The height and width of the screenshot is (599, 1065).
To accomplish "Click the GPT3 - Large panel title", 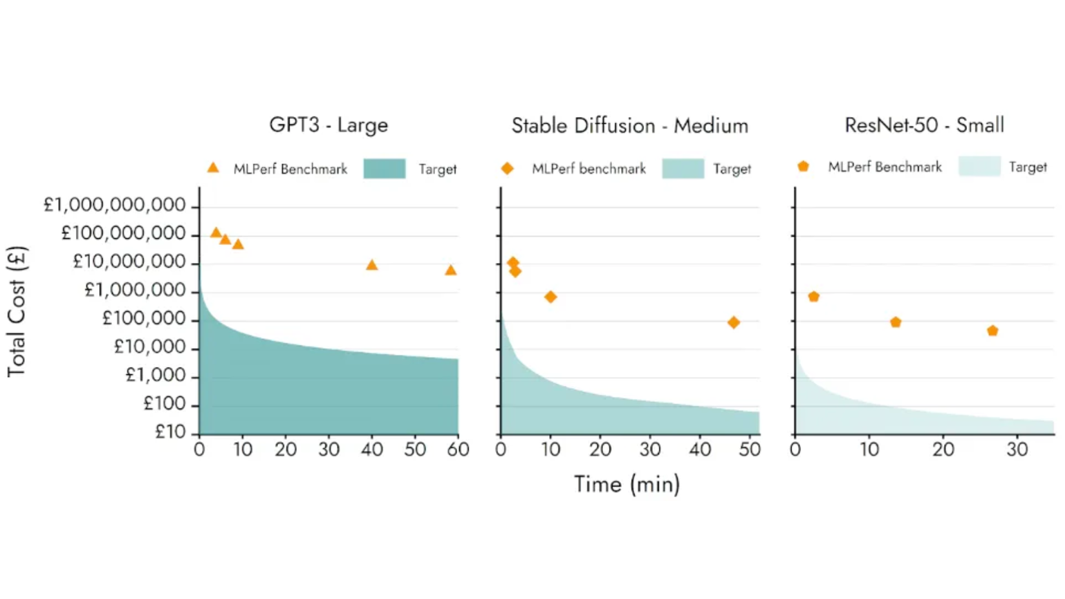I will click(328, 125).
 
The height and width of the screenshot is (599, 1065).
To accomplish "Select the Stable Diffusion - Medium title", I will click(629, 126).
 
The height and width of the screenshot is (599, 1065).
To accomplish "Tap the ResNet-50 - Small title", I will click(924, 125).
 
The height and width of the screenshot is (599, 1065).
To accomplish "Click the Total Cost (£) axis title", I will click(17, 312).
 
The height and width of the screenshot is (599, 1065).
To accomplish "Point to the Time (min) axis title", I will click(627, 484).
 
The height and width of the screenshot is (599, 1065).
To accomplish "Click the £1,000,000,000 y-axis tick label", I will click(115, 205).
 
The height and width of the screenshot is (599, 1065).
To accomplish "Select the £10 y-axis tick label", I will click(170, 432).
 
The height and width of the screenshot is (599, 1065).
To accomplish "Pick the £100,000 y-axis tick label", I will click(144, 318).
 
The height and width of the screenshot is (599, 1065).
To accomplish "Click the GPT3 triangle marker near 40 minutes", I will click(372, 265).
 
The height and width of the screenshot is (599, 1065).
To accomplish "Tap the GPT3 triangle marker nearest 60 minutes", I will click(451, 270).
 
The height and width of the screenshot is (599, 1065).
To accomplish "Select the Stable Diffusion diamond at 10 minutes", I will click(550, 297).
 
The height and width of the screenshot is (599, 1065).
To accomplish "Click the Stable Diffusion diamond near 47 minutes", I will click(734, 322).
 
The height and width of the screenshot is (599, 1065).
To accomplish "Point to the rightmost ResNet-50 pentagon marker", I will click(992, 331).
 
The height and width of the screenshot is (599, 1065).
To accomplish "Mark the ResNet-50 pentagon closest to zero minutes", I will click(814, 297).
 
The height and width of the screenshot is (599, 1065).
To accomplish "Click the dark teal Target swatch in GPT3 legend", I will click(385, 169).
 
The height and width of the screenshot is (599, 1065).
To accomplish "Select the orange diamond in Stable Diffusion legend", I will click(508, 168).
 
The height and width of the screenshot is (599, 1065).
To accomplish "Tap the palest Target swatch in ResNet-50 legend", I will click(979, 166).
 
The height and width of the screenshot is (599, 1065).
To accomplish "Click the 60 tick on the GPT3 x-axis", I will click(458, 450).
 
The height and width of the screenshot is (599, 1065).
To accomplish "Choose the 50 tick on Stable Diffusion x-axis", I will click(750, 450).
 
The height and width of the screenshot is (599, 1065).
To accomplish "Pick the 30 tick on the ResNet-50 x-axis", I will click(1017, 450).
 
